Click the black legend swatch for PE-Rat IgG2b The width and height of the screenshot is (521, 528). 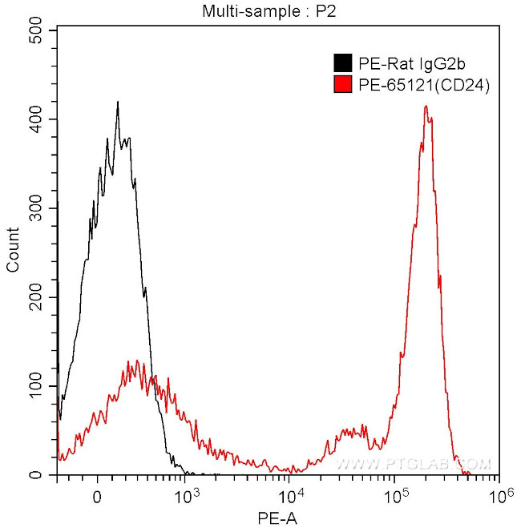tap(343, 62)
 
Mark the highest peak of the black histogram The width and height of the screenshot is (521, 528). tap(118, 103)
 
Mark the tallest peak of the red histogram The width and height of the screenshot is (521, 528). tap(426, 107)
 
